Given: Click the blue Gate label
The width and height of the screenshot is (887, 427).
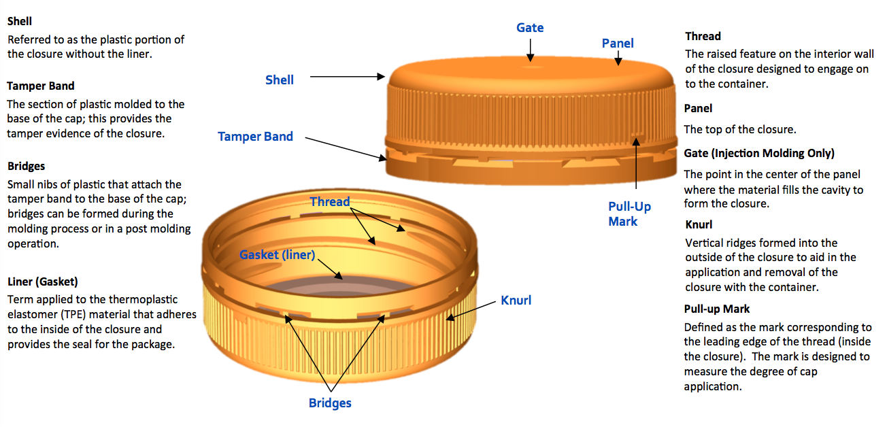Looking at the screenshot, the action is point(530,28).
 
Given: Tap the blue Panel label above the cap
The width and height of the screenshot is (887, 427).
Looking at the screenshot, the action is point(618,43).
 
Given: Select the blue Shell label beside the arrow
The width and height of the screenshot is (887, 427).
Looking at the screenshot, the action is point(280,80).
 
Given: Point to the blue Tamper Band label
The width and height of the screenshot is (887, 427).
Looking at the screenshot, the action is point(255,137).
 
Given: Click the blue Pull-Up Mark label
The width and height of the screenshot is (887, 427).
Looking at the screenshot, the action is point(629,213).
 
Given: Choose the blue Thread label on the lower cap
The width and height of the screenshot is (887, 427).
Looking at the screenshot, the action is point(330,202).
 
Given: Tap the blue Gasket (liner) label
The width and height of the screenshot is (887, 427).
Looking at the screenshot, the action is point(278,255).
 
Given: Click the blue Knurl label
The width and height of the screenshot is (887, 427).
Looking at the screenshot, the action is point(516,301).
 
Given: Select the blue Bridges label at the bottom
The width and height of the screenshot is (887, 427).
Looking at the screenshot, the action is point(330,403).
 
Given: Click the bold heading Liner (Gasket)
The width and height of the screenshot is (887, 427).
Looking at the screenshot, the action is point(43,281).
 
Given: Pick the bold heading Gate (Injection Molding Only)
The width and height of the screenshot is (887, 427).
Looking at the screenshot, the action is point(759,154).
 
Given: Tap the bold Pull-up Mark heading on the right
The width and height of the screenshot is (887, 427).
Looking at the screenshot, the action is point(717,309).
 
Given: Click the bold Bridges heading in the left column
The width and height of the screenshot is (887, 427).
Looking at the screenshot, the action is point(26,166).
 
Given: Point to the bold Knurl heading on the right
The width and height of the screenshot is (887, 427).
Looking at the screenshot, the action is point(699,225).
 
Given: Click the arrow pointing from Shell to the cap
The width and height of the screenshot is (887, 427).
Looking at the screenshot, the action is point(348,76).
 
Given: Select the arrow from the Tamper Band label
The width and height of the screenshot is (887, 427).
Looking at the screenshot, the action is point(346,149).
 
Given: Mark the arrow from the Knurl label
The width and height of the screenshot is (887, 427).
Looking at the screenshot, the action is point(471,310).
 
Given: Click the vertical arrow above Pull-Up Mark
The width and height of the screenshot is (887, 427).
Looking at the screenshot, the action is point(636,163).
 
